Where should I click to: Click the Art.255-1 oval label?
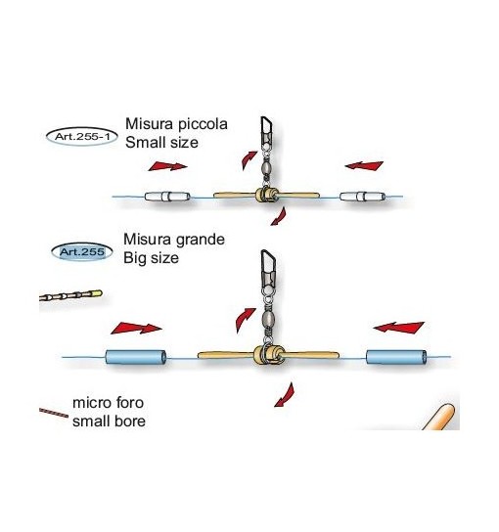point(82,137)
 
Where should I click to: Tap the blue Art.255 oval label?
point(82,252)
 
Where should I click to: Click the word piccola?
point(203,124)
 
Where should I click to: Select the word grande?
point(200,240)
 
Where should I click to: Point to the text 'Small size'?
point(161,142)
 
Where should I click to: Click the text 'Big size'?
point(151,258)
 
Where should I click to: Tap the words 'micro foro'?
point(109,403)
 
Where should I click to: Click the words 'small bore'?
point(109,421)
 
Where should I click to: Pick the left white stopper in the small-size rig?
point(167,197)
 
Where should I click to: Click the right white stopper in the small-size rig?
point(363,197)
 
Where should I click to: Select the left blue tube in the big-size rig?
point(136,357)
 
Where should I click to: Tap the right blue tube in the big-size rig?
point(396,357)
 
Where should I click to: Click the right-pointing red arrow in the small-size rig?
point(167,166)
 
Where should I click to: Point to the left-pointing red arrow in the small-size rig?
point(364,165)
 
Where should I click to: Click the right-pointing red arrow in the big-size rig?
point(136,328)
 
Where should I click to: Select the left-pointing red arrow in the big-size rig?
point(399,328)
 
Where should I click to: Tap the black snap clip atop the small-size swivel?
point(267,131)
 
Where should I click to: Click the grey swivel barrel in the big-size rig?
point(268,318)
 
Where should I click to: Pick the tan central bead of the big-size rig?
point(268,355)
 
